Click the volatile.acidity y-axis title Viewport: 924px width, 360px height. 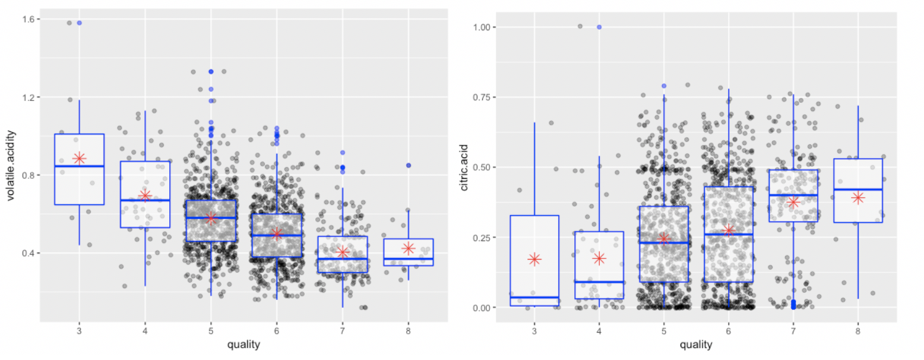pos(12,168)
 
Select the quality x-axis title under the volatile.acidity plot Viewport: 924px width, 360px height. pos(243,344)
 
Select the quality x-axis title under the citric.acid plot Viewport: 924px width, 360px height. pos(696,344)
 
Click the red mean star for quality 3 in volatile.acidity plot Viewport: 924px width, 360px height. pos(79,158)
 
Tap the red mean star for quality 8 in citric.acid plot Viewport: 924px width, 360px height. pos(857,198)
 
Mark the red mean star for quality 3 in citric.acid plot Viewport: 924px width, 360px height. pos(534,259)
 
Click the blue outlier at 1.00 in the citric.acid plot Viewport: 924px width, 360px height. pos(599,27)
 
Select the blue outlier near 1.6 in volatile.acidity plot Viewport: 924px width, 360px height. pos(79,23)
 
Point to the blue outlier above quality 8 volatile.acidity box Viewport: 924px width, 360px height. pos(408,165)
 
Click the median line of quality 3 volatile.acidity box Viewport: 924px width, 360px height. pos(79,166)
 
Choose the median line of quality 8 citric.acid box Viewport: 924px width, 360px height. pos(857,190)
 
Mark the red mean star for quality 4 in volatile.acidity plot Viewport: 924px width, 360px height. pos(145,195)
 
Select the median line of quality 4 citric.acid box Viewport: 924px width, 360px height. pos(599,282)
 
